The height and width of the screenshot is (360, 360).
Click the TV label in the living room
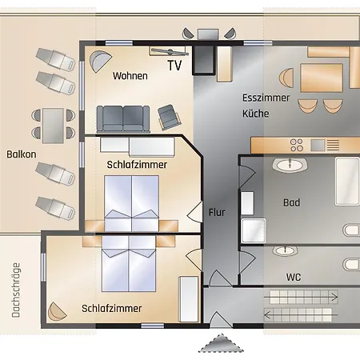[174, 66]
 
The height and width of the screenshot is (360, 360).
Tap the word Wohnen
[130, 76]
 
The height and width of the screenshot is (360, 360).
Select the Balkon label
[22, 154]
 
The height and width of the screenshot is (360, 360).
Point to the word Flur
[217, 212]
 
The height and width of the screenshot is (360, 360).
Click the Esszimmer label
[266, 98]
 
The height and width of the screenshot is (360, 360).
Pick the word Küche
[255, 114]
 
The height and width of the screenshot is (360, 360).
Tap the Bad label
[291, 202]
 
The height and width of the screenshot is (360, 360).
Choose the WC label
[294, 277]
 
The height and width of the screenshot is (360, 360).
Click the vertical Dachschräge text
[16, 290]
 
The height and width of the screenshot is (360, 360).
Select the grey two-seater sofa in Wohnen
[123, 119]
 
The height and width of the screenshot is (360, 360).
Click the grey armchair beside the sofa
[170, 117]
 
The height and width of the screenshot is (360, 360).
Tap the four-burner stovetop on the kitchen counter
[297, 145]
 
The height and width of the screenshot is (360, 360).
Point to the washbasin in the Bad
[290, 165]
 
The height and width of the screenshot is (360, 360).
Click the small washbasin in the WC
[286, 250]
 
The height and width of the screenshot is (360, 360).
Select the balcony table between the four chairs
[53, 126]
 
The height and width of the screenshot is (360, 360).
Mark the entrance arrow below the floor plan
[221, 343]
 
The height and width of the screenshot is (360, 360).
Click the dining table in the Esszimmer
[322, 78]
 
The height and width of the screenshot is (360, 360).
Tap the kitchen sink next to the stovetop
[318, 145]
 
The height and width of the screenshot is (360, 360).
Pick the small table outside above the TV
[208, 34]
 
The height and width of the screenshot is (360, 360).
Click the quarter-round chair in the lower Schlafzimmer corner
[56, 311]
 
